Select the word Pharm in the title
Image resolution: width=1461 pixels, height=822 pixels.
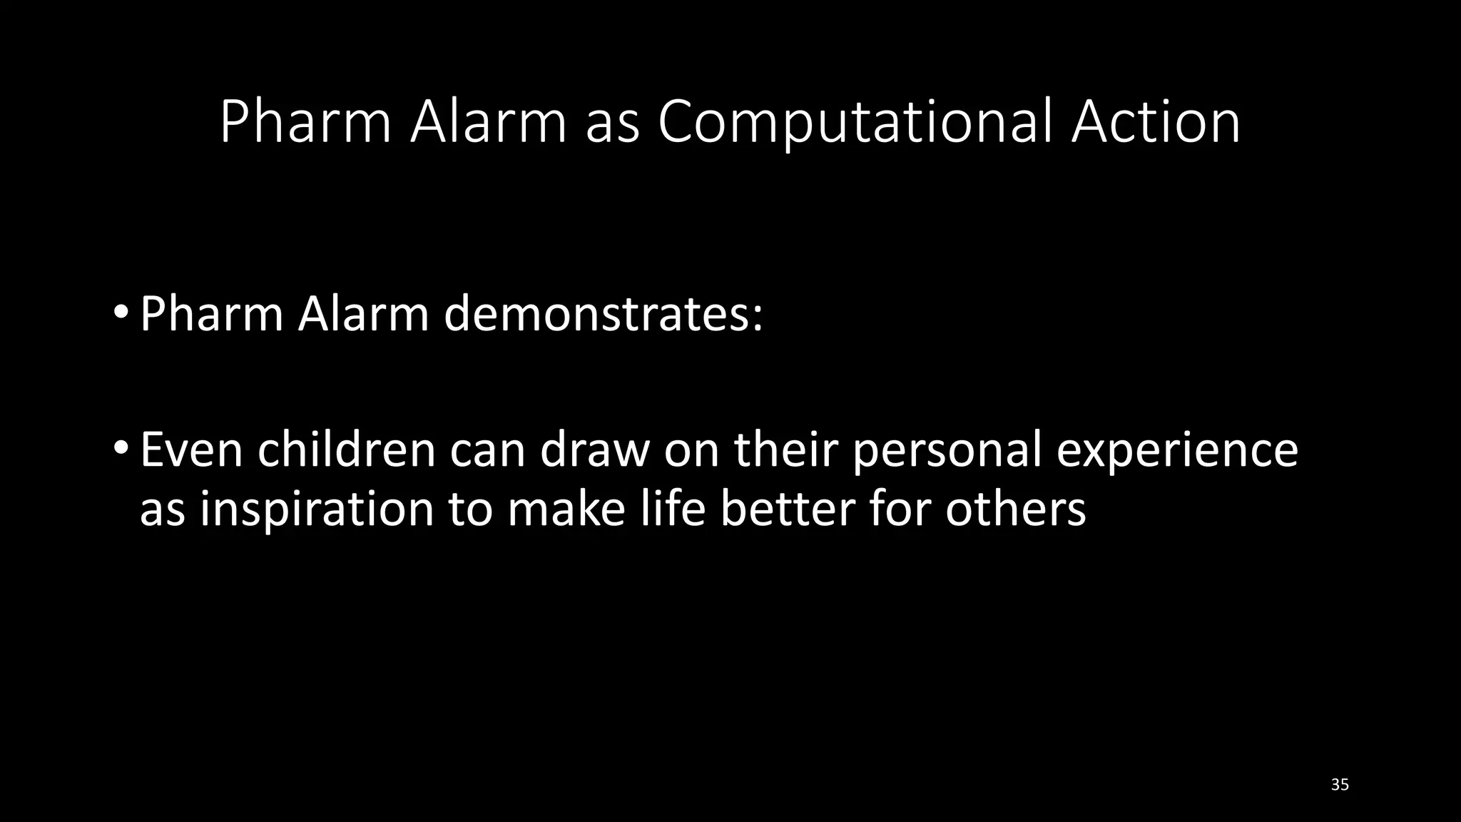coord(305,123)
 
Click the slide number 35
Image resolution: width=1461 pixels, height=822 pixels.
coord(1340,785)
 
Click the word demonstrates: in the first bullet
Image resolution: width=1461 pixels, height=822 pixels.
coord(604,314)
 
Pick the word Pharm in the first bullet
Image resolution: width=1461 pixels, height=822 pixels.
coord(211,314)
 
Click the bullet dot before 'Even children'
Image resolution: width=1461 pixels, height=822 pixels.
coord(121,449)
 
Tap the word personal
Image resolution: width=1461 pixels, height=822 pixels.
coord(947,451)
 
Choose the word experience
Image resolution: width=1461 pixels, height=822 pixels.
coord(1177,451)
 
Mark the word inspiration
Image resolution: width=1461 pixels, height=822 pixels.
coord(316,511)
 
